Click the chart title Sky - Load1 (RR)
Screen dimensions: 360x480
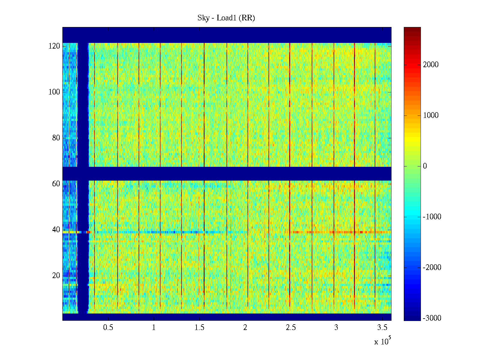pos(226,18)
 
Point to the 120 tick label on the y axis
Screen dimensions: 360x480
pos(54,46)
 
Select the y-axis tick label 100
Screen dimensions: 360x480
pos(54,92)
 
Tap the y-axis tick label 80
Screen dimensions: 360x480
pos(56,138)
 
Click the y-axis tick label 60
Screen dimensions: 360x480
pos(56,184)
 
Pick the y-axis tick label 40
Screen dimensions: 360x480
pos(56,230)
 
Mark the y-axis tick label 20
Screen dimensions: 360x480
pos(56,276)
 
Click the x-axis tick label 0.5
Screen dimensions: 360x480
pos(108,328)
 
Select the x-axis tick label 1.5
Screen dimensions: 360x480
pos(199,328)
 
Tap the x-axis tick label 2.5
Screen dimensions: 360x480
pos(291,328)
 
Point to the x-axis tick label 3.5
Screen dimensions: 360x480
pos(382,328)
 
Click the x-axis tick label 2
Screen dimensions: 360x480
pos(245,328)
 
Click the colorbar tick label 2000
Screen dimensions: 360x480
pos(431,65)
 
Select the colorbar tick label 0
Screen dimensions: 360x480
pos(425,166)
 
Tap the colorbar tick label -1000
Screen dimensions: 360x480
pos(432,217)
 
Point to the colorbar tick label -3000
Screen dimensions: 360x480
pos(432,318)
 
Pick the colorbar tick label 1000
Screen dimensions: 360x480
pos(431,115)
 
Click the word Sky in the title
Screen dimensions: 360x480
pos(203,18)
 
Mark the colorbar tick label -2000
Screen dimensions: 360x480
pos(432,268)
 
